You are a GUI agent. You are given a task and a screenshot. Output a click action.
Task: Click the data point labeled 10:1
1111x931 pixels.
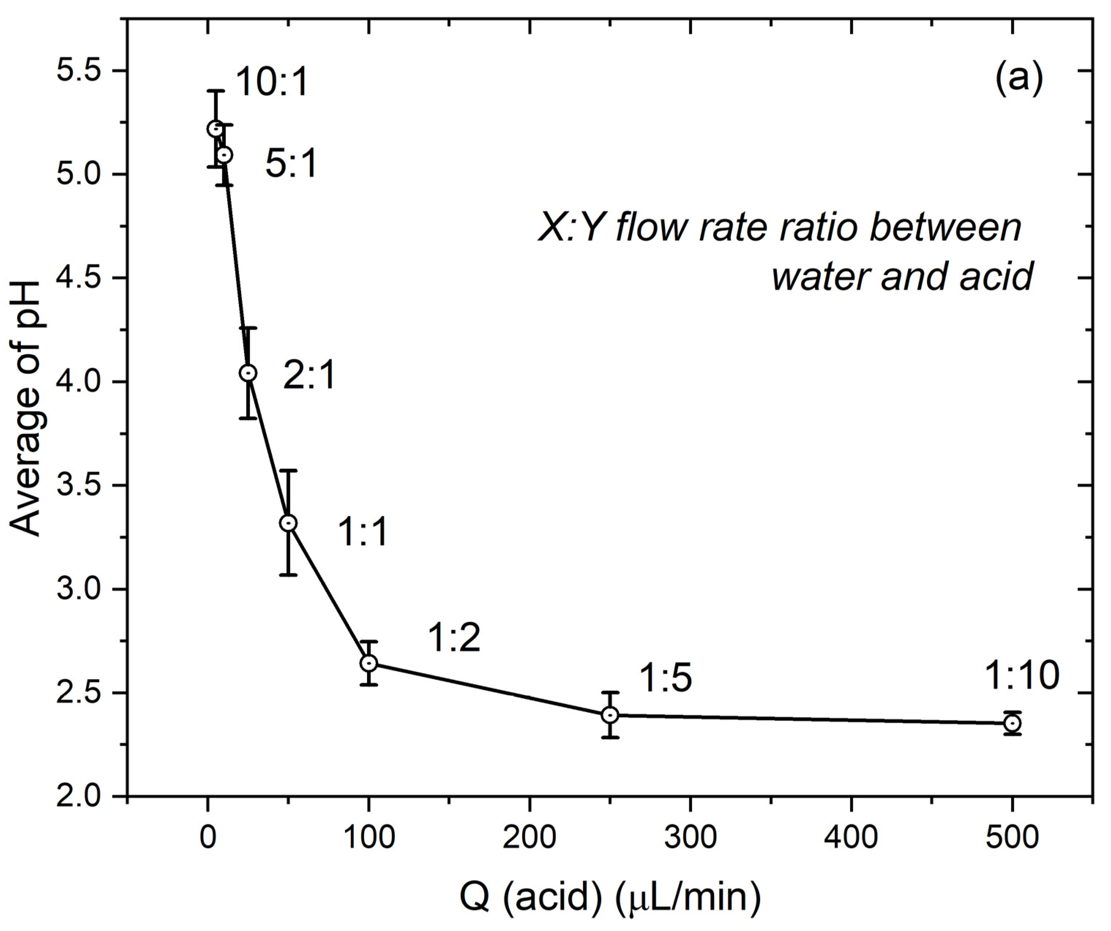click(215, 128)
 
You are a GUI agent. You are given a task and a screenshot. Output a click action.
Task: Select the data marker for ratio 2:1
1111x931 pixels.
click(248, 373)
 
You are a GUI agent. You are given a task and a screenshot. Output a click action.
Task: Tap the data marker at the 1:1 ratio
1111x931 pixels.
click(288, 523)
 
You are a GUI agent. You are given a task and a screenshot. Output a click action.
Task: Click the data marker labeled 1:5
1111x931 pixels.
click(610, 715)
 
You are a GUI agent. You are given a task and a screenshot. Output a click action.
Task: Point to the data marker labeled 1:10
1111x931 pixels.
click(1012, 723)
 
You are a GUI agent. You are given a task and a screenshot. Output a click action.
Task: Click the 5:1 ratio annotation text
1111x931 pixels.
click(291, 164)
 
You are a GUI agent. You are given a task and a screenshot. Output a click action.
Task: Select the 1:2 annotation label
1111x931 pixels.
click(454, 638)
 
